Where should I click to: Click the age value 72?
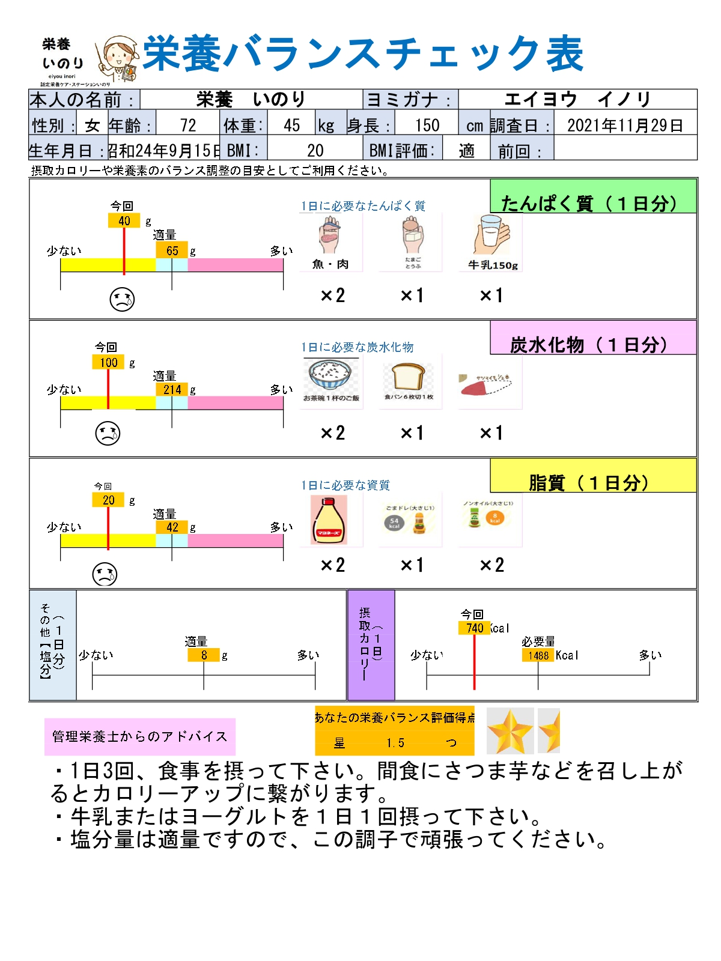tap(188, 125)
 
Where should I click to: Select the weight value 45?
tap(292, 125)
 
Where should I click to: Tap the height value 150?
tap(427, 125)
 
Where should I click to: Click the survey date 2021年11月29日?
tap(625, 125)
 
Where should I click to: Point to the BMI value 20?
tap(315, 150)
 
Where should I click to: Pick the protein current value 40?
tap(124, 220)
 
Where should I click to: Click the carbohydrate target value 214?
tap(172, 389)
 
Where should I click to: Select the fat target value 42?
tap(172, 527)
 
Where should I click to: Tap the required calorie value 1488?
tap(538, 655)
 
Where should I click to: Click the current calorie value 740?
tap(475, 628)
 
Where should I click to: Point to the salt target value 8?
tap(204, 655)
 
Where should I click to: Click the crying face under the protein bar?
tap(122, 299)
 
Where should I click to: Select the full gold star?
tap(510, 730)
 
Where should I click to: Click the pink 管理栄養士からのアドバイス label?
tap(139, 736)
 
